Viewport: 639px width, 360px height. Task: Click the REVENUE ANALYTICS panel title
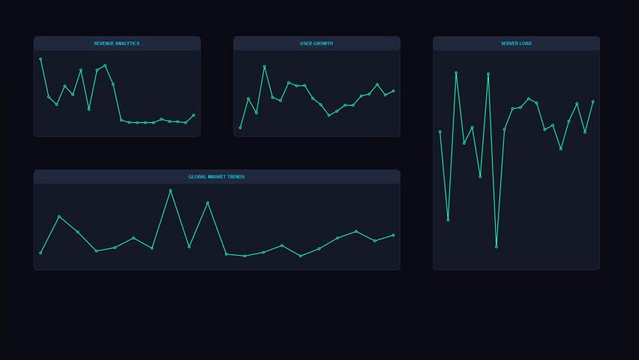(x=116, y=43)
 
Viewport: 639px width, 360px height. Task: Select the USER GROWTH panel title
(x=316, y=43)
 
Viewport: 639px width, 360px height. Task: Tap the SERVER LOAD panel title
(x=516, y=43)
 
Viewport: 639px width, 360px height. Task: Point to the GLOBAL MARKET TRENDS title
(x=216, y=177)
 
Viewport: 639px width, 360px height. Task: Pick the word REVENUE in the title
(x=105, y=43)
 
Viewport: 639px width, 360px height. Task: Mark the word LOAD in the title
(x=525, y=43)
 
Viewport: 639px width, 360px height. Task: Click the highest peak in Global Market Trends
(x=170, y=190)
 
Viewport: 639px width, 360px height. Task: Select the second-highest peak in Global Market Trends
(x=208, y=202)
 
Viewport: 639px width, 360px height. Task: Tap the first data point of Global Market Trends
(x=40, y=253)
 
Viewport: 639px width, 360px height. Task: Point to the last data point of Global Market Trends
(x=393, y=235)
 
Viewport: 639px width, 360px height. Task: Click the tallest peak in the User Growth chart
(x=265, y=66)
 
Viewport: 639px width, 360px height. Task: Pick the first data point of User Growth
(x=241, y=127)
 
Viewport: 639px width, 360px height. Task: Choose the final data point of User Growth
(x=393, y=91)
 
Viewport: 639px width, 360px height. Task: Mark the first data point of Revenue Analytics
(x=40, y=58)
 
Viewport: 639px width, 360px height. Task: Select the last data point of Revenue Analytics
(x=193, y=115)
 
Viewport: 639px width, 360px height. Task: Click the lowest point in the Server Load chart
(x=496, y=247)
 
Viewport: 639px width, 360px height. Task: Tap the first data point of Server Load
(x=440, y=131)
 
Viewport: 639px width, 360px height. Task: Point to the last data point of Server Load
(x=592, y=101)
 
